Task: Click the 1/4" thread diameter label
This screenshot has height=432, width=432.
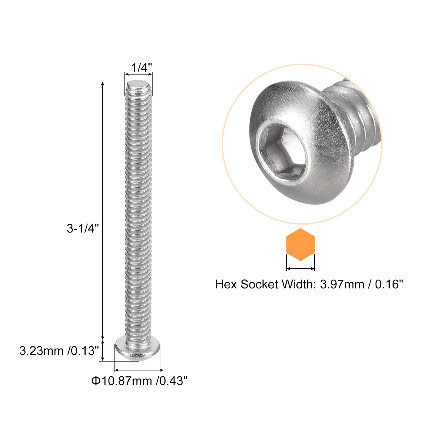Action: coord(141,68)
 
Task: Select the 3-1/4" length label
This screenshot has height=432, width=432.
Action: coord(83,228)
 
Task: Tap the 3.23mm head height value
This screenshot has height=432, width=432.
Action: coord(41,351)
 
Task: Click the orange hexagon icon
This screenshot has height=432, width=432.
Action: coord(300,245)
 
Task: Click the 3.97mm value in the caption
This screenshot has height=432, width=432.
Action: coord(342,284)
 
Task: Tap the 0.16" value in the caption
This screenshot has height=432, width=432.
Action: coord(389,284)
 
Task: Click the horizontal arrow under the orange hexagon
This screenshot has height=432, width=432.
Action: coord(300,268)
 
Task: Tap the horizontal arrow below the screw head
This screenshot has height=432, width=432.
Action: coord(139,370)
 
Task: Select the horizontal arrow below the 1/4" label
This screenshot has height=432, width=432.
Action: coord(138,74)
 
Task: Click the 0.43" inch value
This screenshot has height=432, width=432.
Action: coord(173,381)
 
